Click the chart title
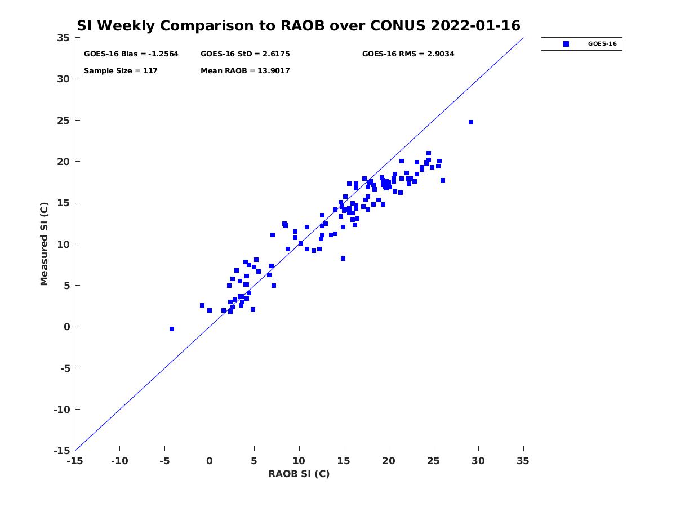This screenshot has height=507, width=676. [x=299, y=26]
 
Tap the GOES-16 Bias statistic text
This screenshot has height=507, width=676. [x=131, y=54]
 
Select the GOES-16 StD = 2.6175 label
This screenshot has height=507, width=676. [x=245, y=54]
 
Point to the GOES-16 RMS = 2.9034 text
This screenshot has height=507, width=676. [x=408, y=54]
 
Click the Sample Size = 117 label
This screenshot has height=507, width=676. [x=121, y=71]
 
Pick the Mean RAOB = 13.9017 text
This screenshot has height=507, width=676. [x=245, y=71]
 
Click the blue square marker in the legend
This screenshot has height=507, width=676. [x=566, y=44]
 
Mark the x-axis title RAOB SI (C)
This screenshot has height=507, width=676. [x=299, y=474]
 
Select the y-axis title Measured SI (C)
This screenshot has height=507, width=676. [x=44, y=244]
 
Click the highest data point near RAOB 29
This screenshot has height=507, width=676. [x=471, y=122]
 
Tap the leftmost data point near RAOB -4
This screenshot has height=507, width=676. [x=172, y=329]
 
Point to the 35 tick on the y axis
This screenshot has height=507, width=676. [x=63, y=38]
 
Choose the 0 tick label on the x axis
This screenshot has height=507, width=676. [x=210, y=461]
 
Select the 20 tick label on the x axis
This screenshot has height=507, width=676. [x=389, y=461]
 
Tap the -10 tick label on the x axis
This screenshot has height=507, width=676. [x=119, y=461]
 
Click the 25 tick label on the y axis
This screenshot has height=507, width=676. [x=63, y=121]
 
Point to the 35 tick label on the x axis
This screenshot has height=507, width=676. [x=523, y=461]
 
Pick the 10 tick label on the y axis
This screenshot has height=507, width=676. [x=63, y=244]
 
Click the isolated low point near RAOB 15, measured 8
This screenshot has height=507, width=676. [x=343, y=259]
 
